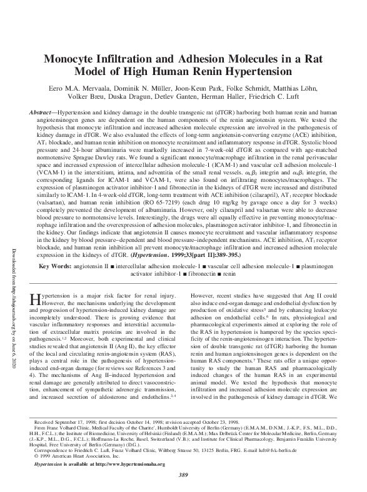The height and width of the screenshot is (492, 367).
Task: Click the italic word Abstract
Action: [45, 112]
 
